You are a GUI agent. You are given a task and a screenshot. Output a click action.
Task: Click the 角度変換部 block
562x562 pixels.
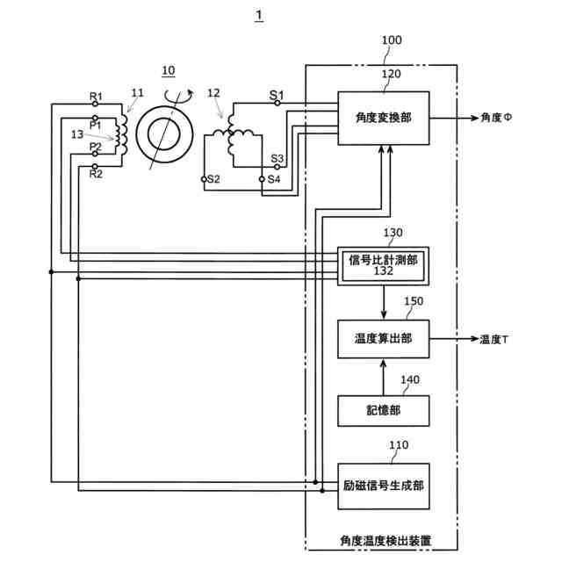tap(384, 119)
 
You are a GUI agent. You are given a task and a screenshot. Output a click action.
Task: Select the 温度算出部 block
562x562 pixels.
tap(384, 339)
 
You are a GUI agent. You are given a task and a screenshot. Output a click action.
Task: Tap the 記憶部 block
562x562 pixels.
tap(384, 411)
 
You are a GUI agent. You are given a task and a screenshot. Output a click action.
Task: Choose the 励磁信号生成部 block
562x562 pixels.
tap(384, 486)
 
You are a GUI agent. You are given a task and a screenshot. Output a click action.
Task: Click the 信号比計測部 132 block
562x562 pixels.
tap(383, 266)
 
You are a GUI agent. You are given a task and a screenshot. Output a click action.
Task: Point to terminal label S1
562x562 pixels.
tap(277, 95)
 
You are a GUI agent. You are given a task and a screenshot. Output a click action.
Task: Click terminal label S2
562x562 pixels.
tap(213, 179)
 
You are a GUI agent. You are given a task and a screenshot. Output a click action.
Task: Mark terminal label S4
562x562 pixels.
tap(274, 179)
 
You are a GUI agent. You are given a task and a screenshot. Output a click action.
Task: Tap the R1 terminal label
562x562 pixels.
tap(96, 96)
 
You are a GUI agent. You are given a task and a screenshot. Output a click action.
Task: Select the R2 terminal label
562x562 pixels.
tap(96, 174)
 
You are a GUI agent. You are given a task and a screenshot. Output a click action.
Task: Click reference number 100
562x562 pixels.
tap(392, 40)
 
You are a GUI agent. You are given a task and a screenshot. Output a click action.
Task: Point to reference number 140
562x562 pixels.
tap(410, 379)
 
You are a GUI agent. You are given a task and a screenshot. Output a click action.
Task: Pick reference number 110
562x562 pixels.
tap(399, 445)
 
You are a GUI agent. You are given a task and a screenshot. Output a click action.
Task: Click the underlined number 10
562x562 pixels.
tap(169, 70)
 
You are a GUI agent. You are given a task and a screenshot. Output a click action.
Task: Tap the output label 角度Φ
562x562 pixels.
tap(496, 118)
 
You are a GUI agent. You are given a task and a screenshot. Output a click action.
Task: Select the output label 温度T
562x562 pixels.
tap(494, 339)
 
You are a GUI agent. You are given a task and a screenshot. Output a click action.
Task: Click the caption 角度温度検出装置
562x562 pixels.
tap(385, 541)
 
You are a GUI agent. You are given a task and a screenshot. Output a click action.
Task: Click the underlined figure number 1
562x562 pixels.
tap(259, 16)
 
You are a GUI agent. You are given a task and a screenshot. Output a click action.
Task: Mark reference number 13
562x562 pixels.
tap(77, 134)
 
